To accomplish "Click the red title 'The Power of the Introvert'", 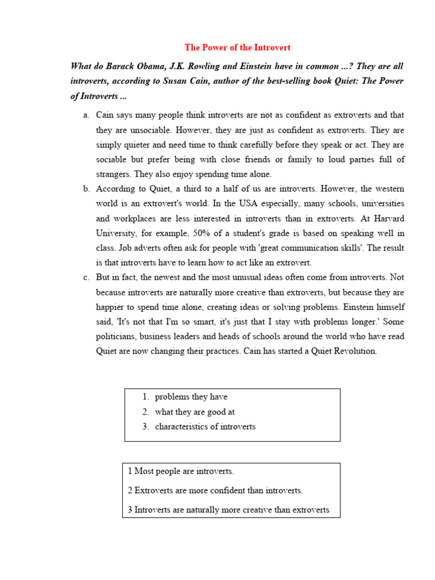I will pos(238,48).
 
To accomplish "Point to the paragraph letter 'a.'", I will pos(86,116).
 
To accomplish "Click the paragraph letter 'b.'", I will pos(86,189).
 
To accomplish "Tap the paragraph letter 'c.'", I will pos(86,278).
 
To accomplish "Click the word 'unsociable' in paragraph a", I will pos(134,130).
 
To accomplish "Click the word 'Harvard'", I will pos(389,218).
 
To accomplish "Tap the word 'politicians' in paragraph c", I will pos(116,336).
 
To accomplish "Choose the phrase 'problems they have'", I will pos(191,397).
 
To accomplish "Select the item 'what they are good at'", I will pos(194,412).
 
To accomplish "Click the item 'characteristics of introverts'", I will pos(205,427).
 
